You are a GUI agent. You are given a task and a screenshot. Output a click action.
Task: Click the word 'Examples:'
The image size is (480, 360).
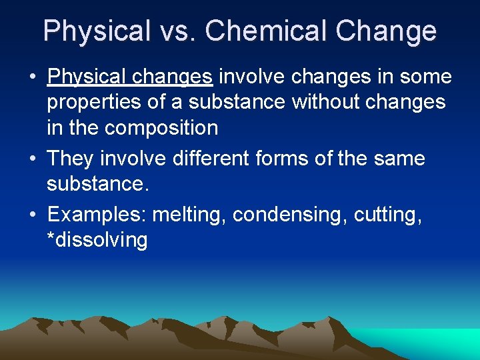point(97,215)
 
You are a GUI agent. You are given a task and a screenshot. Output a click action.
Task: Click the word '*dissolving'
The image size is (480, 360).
point(97,239)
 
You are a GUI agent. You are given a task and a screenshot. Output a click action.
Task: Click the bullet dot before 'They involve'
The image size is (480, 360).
point(33,159)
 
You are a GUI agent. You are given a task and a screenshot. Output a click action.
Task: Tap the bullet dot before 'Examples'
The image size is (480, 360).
point(33,215)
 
